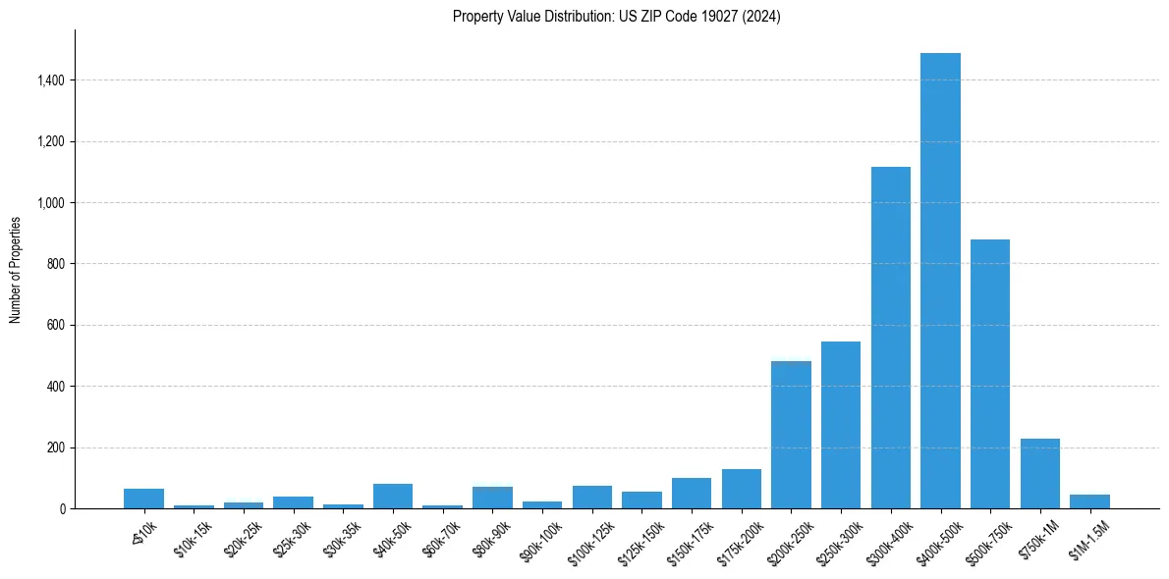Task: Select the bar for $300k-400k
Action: click(890, 338)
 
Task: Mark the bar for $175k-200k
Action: click(742, 489)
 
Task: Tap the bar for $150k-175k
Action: click(692, 493)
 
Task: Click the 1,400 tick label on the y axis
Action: click(51, 80)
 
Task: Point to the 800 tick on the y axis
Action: click(56, 264)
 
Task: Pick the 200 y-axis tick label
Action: click(56, 447)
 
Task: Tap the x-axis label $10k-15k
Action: click(194, 535)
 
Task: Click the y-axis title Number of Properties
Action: click(16, 269)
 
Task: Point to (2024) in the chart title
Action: click(763, 17)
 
